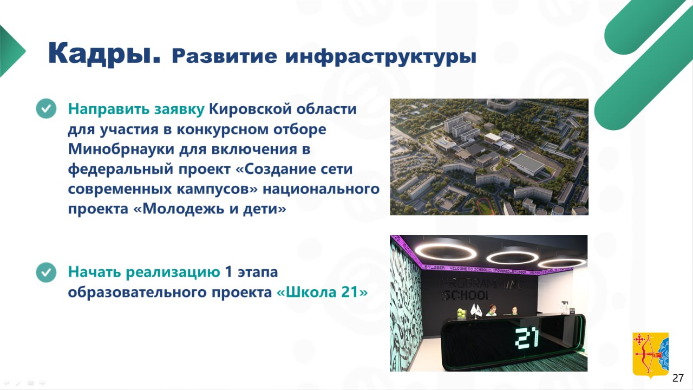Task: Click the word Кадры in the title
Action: (x=104, y=54)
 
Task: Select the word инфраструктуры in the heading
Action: (x=381, y=57)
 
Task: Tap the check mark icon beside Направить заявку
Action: (x=46, y=109)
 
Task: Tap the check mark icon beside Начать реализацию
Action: (x=46, y=272)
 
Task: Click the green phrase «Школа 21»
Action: (x=322, y=292)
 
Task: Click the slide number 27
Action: (x=678, y=378)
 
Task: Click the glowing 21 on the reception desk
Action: (x=527, y=337)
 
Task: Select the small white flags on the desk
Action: (x=476, y=310)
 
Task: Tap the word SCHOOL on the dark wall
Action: (x=466, y=295)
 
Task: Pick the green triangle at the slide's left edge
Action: (x=12, y=51)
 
